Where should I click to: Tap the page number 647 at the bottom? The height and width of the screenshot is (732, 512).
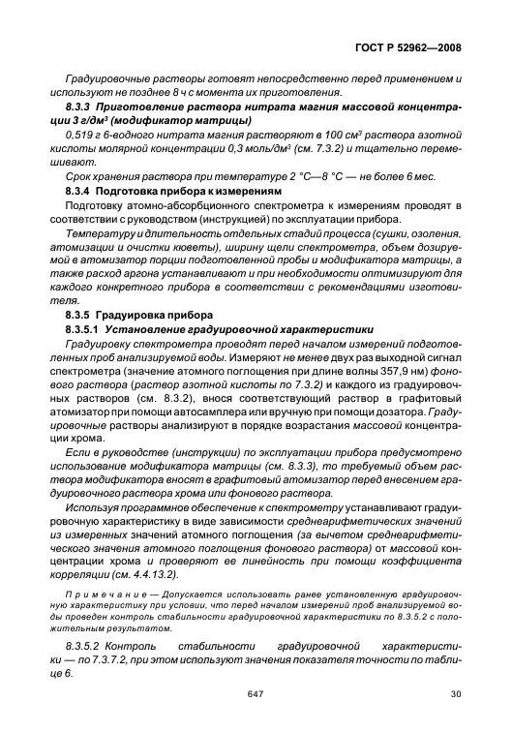coord(256,693)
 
